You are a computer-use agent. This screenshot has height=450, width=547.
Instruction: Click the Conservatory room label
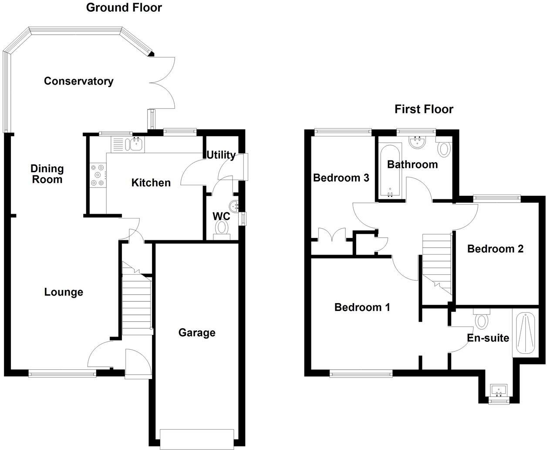click(x=78, y=81)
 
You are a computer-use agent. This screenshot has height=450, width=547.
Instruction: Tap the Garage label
click(x=197, y=333)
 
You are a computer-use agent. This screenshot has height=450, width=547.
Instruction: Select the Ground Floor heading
click(x=124, y=7)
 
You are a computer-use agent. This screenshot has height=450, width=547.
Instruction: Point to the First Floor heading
click(x=424, y=109)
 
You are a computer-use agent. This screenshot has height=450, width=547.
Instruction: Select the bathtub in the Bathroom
click(x=390, y=170)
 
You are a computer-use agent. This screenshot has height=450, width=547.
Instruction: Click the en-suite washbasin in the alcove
click(x=499, y=390)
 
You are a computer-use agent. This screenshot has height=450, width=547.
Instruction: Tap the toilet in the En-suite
click(x=481, y=318)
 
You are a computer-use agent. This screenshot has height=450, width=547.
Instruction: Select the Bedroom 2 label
click(x=495, y=249)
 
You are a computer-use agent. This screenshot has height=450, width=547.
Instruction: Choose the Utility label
click(x=221, y=155)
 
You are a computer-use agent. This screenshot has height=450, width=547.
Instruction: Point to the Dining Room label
click(x=47, y=174)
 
